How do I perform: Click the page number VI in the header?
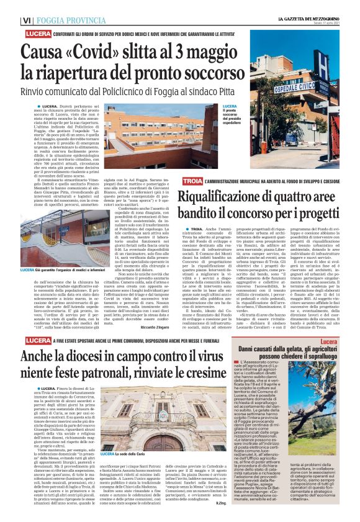coord(26,20)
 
